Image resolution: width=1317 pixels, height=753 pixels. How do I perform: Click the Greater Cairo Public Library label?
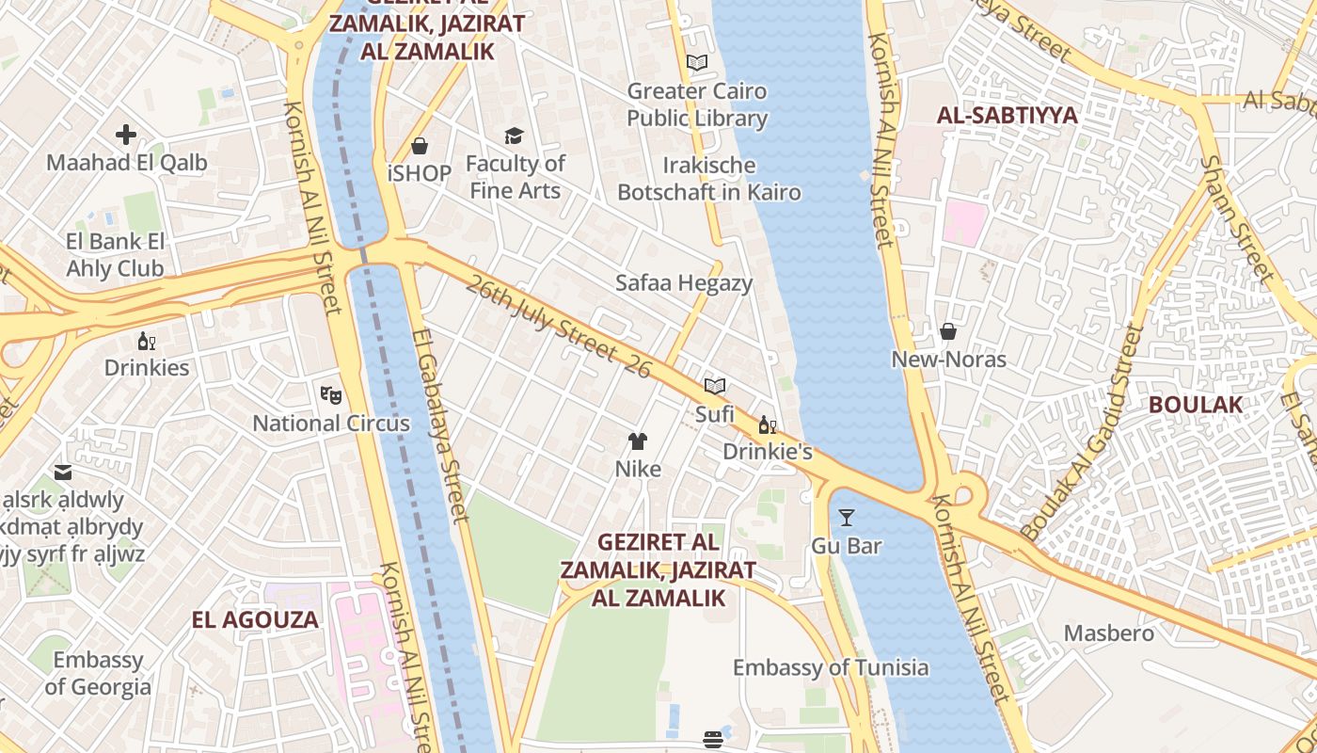coord(697,104)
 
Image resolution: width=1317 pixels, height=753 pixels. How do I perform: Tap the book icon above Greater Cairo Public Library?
coord(697,63)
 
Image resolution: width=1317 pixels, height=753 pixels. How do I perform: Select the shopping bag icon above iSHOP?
coord(420,146)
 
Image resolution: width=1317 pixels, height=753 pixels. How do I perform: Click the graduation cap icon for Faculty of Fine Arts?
coord(514,136)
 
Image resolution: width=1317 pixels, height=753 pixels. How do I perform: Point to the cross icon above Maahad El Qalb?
coord(126,135)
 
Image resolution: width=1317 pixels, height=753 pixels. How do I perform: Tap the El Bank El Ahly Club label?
coord(115,255)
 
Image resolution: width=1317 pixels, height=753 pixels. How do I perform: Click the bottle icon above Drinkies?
coord(147,341)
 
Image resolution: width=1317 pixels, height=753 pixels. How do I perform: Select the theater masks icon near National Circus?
coord(330,395)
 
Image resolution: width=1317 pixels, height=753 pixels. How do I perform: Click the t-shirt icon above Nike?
coord(638,441)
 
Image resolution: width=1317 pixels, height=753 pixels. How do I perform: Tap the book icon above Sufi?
coord(715,386)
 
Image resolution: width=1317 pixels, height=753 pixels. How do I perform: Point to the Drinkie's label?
coord(768,452)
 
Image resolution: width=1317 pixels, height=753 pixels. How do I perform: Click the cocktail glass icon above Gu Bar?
coord(847,517)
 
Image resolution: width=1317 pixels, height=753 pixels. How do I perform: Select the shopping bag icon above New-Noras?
coord(948,331)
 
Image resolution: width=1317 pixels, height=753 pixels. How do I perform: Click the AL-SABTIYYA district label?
coord(1008,116)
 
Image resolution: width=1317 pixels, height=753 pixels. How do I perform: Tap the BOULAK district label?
coord(1196,405)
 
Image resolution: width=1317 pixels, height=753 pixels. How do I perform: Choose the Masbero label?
coord(1109,633)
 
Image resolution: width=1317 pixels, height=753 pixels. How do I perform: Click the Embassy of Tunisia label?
coord(831,668)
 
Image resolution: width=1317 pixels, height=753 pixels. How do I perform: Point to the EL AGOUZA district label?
coord(255,620)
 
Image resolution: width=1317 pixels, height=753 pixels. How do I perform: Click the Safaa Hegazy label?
coord(684,283)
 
